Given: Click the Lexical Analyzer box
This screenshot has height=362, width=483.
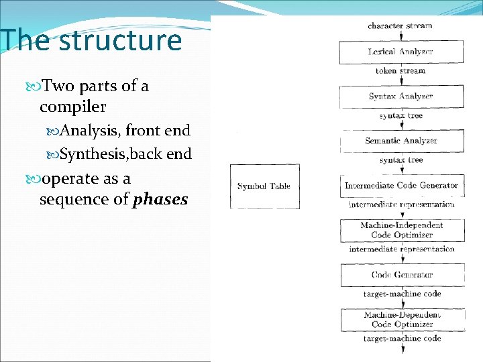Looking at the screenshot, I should [x=401, y=52].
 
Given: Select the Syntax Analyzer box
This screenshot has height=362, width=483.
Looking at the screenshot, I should [x=401, y=97].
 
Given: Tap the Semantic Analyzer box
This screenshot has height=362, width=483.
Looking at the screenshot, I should [x=401, y=141].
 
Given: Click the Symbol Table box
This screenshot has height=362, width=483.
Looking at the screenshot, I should [x=264, y=186].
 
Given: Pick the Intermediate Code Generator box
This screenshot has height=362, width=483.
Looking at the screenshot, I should [x=401, y=186].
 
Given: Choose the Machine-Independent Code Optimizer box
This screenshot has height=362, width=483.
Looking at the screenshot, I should [x=401, y=230].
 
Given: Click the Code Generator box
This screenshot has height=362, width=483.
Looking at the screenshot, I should [x=401, y=275].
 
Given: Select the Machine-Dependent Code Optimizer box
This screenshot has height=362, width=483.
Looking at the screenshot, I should [x=401, y=319].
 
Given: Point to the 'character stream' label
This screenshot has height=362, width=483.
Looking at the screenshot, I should [x=400, y=26].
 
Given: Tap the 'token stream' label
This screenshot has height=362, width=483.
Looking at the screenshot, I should [x=400, y=71].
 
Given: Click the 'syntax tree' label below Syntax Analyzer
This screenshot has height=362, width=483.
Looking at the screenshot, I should [x=401, y=116].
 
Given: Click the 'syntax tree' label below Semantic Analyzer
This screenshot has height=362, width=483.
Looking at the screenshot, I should [x=401, y=160].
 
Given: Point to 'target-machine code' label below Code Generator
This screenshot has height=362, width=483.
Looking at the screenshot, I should [x=402, y=294].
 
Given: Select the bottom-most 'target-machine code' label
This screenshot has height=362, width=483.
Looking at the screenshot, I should [x=402, y=339].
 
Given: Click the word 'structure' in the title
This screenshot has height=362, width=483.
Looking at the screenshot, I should [x=120, y=41].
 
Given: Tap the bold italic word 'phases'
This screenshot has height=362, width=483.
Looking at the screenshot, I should [x=161, y=200].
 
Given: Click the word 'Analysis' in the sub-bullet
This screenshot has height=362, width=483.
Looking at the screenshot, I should [x=89, y=131].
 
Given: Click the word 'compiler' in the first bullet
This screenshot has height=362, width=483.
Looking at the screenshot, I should [x=72, y=107].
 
